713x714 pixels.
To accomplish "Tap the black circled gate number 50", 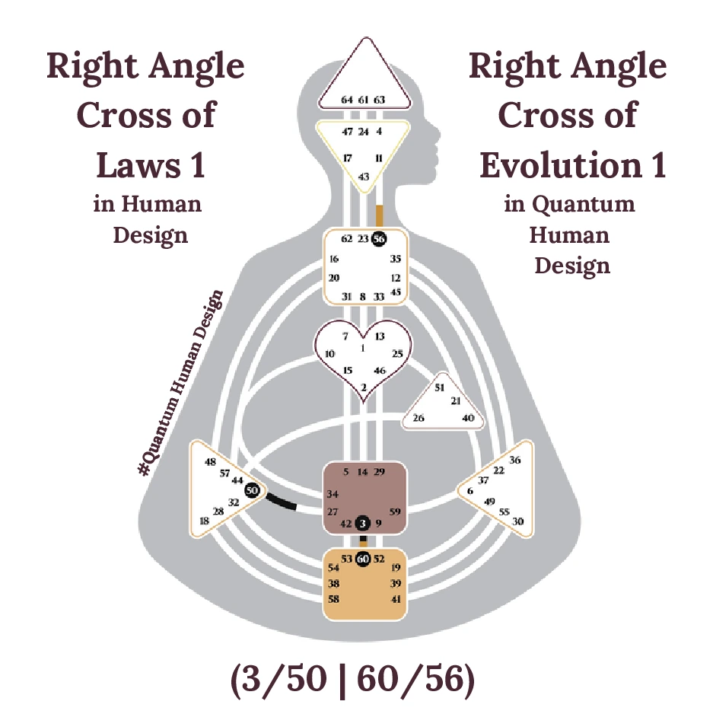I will point(253,491).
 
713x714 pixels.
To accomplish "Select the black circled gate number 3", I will point(363,523).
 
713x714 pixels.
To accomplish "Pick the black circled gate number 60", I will point(363,559).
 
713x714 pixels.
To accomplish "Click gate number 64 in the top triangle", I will point(347,100).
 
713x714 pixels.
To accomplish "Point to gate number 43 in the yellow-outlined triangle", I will point(363,177).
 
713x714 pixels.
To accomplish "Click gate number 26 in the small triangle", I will point(419,418).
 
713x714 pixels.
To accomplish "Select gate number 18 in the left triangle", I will point(204,521).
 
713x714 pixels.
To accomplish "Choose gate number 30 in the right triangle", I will point(518,521).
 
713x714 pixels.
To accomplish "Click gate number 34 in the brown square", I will point(333,495).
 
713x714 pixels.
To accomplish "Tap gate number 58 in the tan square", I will point(333,599).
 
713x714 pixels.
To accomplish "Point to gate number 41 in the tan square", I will point(395,599).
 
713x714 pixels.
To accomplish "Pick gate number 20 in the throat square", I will point(333,278).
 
